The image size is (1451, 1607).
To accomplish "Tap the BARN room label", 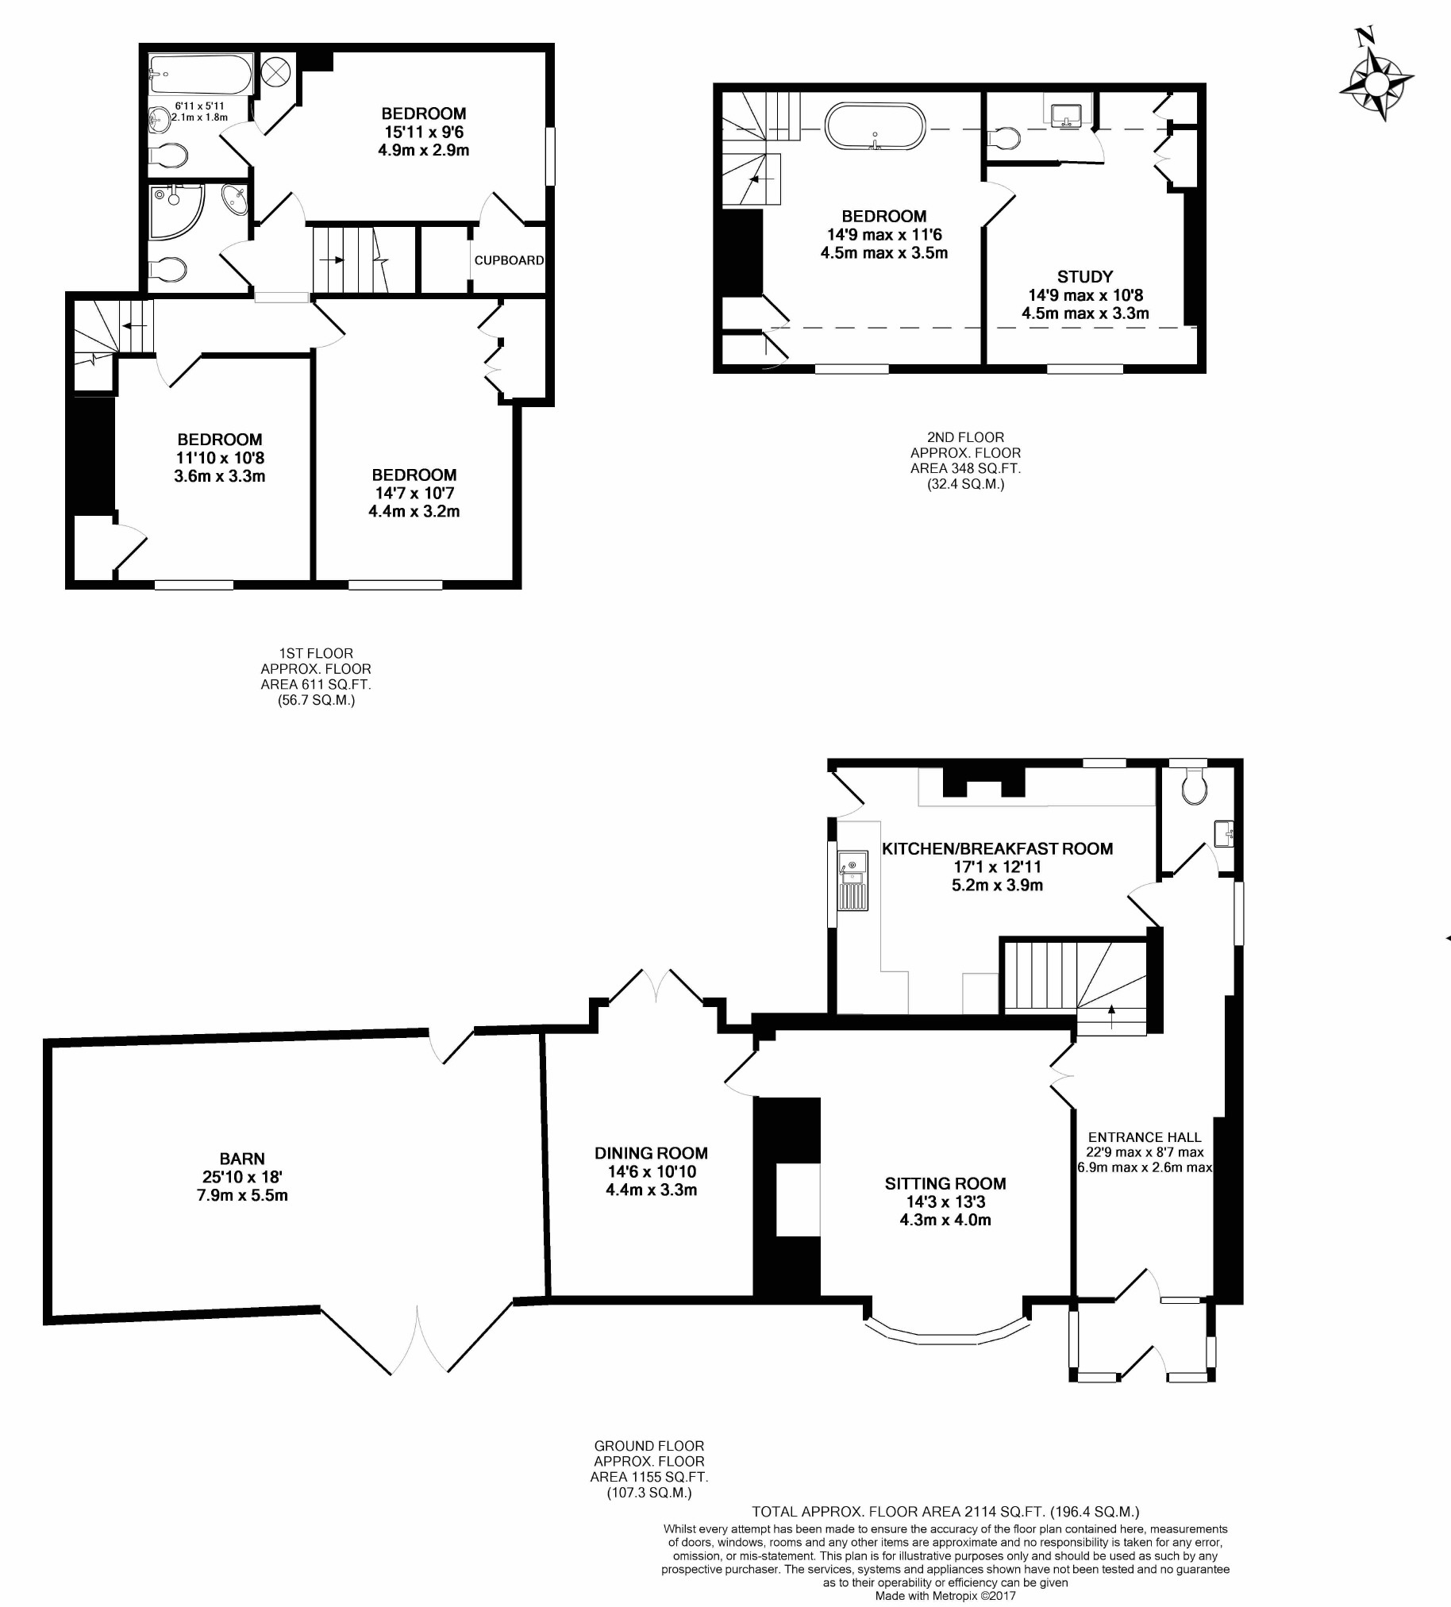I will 241,1158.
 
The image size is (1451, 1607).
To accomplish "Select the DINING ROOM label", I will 651,1152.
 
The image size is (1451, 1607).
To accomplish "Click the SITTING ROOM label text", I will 945,1183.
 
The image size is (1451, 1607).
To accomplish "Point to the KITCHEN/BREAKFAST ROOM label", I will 996,849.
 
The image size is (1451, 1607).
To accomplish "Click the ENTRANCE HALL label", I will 1144,1137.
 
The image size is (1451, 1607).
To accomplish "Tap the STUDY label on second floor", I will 1084,277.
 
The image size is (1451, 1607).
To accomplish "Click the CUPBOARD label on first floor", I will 509,260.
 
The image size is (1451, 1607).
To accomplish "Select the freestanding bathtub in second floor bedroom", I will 875,126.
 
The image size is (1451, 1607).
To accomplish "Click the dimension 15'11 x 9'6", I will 422,133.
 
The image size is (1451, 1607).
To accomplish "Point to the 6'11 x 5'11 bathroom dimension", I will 199,106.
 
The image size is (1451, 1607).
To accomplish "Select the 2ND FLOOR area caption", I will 964,460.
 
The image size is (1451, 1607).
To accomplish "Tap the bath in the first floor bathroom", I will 201,74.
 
